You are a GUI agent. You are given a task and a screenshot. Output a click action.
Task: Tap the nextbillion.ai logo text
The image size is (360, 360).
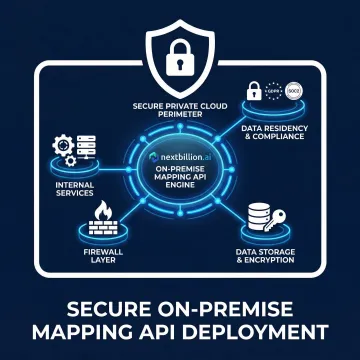(181, 157)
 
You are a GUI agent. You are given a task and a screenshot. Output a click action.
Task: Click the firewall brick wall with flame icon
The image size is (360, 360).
(103, 217)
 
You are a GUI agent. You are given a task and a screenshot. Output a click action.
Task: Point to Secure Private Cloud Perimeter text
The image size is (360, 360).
(180, 108)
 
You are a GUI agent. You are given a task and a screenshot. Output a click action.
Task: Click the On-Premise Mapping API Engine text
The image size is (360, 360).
(180, 181)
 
